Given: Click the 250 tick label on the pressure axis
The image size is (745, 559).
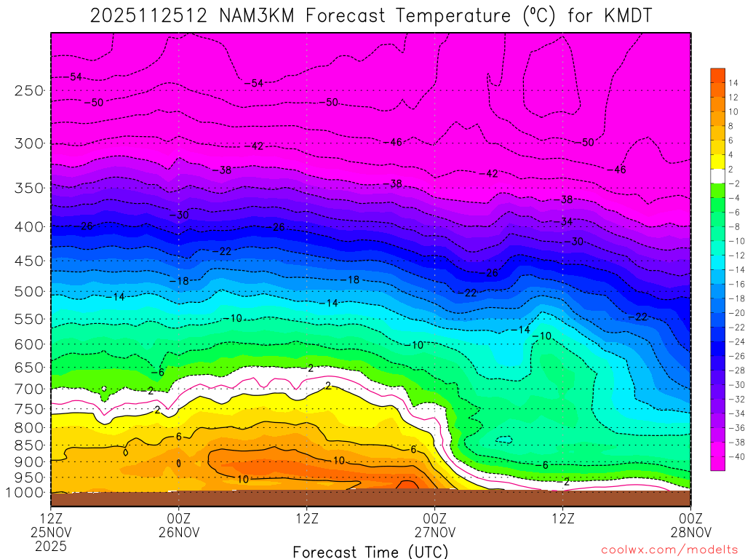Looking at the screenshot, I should pyautogui.click(x=29, y=90).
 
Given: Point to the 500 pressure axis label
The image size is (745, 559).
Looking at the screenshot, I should pyautogui.click(x=29, y=292).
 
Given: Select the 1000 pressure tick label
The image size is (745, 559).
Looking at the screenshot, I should pyautogui.click(x=25, y=493).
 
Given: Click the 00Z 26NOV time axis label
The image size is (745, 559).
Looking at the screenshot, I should pyautogui.click(x=179, y=524).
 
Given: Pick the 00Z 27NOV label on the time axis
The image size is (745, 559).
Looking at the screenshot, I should pyautogui.click(x=434, y=524).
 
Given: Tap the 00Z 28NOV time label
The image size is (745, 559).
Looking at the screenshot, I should pyautogui.click(x=690, y=524).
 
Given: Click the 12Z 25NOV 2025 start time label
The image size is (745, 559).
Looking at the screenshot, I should pyautogui.click(x=51, y=531).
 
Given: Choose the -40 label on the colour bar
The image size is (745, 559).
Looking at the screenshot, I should pyautogui.click(x=733, y=456).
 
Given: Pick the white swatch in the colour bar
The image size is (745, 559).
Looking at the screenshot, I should pyautogui.click(x=717, y=175).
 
